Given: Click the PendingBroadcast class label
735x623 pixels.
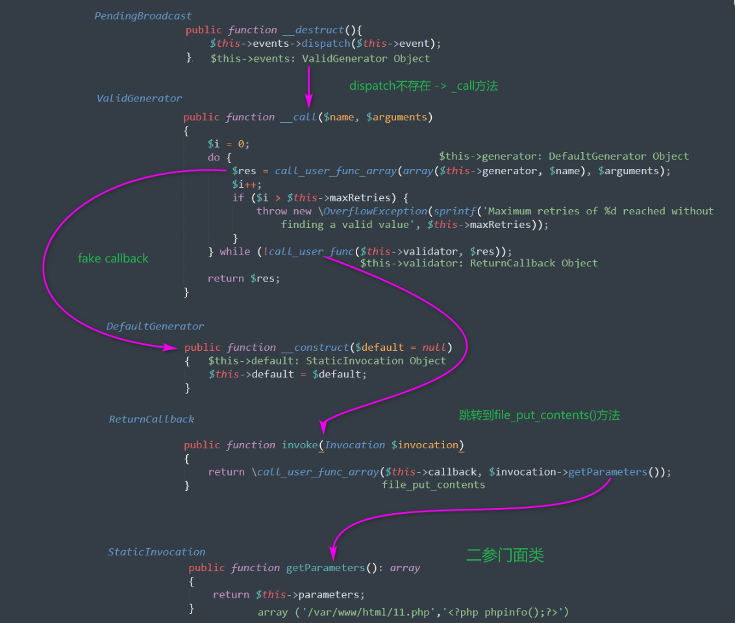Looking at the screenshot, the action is [143, 16].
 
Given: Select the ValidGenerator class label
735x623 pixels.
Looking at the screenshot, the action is [139, 98].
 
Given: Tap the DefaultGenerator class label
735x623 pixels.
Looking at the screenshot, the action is [155, 326].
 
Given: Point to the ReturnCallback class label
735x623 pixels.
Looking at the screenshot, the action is [151, 419].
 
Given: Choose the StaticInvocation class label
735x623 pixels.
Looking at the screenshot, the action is [156, 552].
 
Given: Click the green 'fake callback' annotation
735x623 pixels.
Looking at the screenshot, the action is [113, 259].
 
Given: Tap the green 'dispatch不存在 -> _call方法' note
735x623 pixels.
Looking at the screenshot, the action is [424, 86].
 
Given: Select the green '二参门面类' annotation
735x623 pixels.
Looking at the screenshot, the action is [505, 555].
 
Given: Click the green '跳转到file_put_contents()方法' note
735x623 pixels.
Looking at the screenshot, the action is [540, 415].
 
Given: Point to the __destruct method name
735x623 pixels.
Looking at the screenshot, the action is [314, 30].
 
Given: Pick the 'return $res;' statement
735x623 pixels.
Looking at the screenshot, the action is [243, 279].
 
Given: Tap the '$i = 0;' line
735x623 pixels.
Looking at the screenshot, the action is [229, 144].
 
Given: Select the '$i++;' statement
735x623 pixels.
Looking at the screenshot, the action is [247, 184].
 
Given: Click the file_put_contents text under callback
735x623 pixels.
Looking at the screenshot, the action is [434, 485].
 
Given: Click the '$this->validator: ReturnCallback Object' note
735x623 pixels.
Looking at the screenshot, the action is [479, 263].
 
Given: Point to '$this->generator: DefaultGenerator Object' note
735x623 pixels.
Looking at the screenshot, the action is [564, 156].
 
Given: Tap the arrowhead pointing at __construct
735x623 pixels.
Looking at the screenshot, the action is [171, 347].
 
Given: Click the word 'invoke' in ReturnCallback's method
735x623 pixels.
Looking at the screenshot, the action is [300, 445].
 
